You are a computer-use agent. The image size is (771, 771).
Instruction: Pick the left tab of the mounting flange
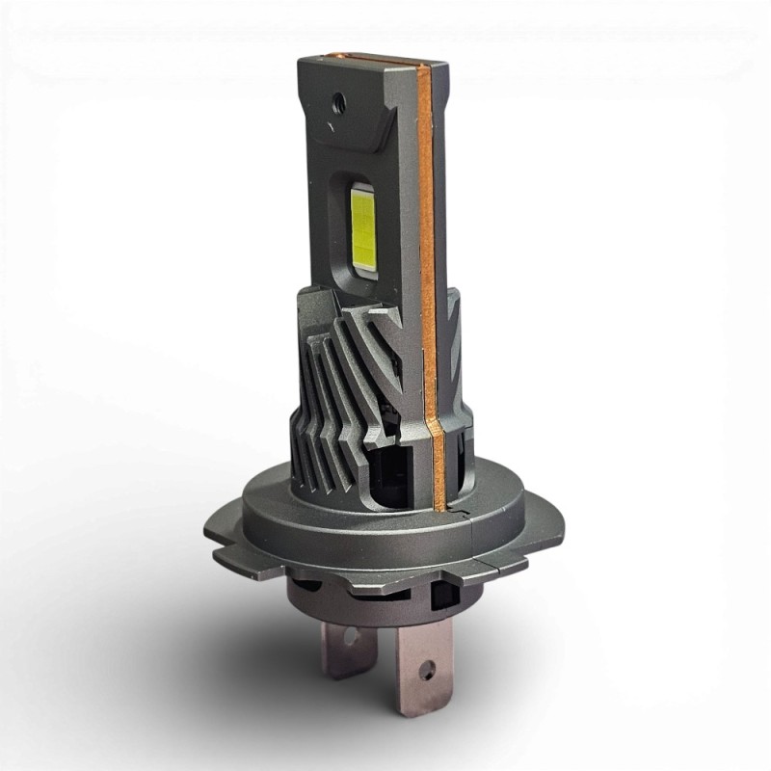[x=231, y=559]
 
